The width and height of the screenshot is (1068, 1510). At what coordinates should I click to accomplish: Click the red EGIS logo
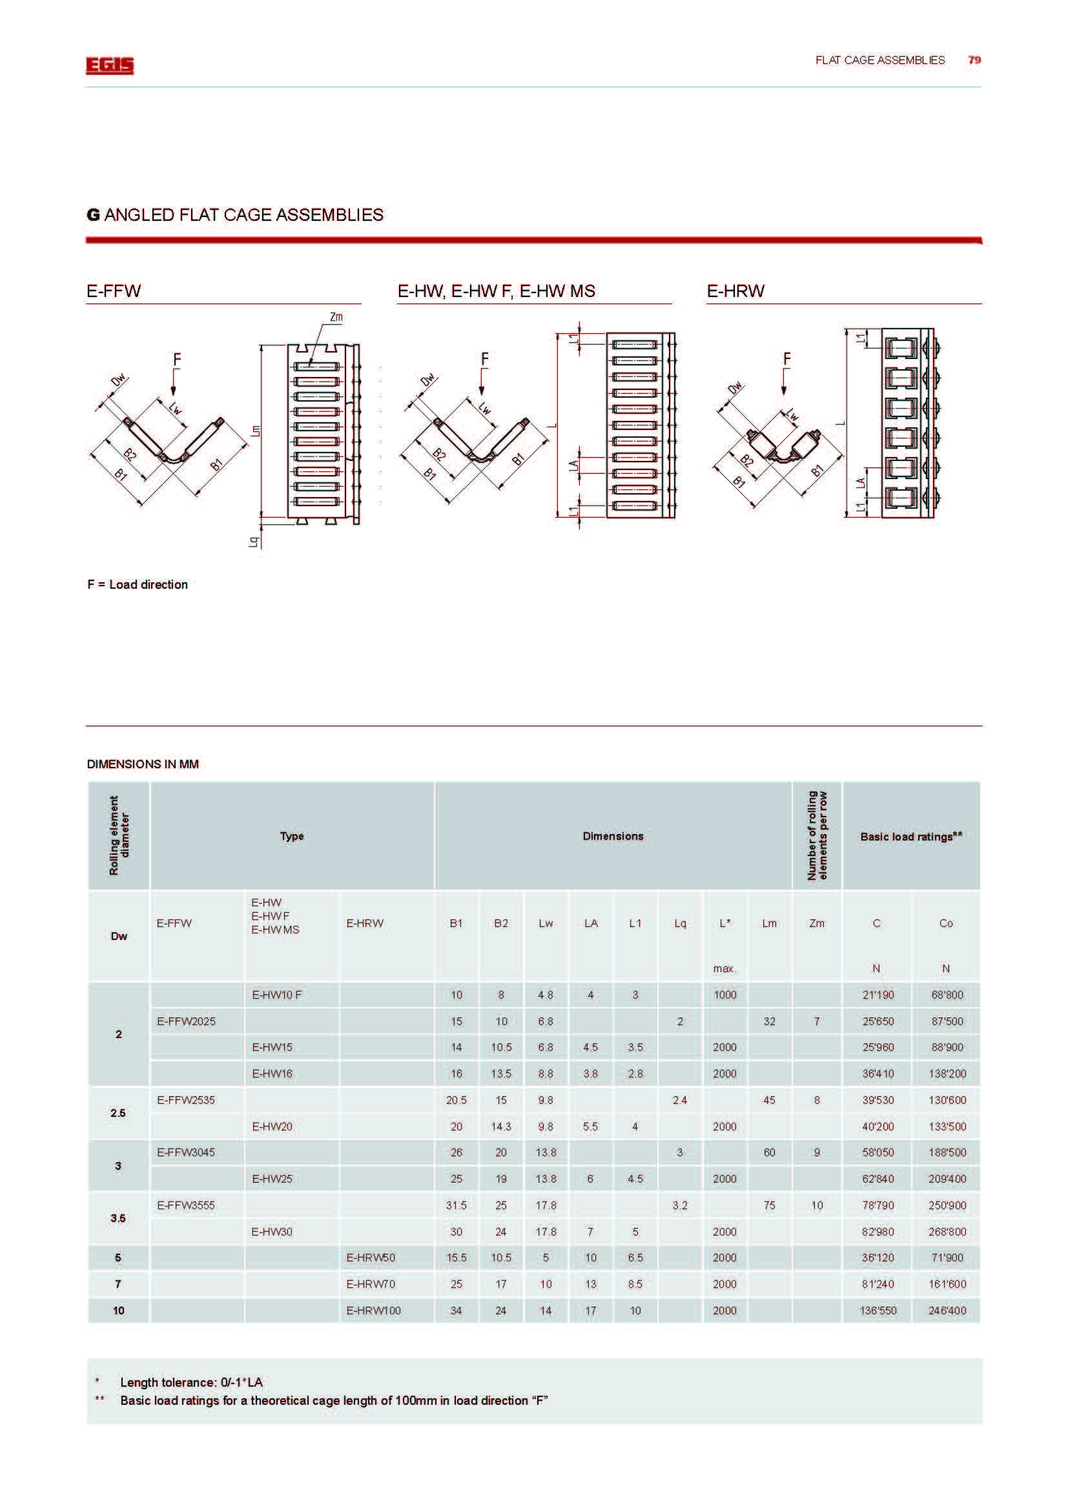pos(109,65)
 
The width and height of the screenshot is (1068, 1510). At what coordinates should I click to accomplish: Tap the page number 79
pos(974,60)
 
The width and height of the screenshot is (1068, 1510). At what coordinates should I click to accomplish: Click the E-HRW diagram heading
pos(735,291)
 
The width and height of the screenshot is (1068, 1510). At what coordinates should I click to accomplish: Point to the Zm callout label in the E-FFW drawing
pos(336,317)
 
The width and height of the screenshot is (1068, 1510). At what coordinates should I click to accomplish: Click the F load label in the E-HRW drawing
pos(786,359)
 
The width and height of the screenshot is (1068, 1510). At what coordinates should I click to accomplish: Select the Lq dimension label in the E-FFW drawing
pos(254,542)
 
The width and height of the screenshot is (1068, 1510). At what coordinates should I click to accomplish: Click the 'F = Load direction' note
pos(138,584)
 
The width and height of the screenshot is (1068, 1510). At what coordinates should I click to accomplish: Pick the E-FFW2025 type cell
pos(186,1021)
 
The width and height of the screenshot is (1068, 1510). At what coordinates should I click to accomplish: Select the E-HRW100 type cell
pos(373,1310)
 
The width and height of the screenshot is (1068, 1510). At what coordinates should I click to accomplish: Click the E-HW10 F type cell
pos(276,994)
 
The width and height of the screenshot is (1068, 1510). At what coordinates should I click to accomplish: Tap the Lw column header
pos(546,923)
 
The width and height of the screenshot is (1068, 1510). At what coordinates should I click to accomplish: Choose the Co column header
pos(946,923)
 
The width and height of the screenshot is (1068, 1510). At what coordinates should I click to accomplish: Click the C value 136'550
pos(878,1310)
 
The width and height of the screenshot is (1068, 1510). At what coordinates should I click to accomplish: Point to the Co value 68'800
pos(947,994)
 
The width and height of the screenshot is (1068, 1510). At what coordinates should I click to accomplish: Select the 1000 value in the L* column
pos(724,994)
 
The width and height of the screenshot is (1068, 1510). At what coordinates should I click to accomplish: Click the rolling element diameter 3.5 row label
pos(118,1218)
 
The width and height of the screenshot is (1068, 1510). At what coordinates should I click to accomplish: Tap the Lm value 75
pos(770,1205)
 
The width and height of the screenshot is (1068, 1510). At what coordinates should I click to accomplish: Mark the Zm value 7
pos(817,1021)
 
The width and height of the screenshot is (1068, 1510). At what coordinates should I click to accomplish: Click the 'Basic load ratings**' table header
pos(911,836)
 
